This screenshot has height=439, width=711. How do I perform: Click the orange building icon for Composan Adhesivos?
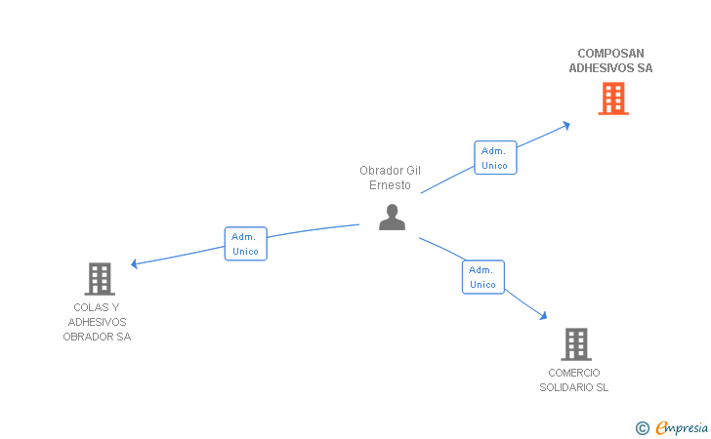click(612, 99)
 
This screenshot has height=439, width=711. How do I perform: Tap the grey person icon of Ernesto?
click(392, 218)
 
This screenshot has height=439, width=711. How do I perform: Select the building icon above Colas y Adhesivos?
click(99, 279)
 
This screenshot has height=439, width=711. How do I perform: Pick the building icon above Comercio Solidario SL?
click(575, 344)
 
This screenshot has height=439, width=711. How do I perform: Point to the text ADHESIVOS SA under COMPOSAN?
click(610, 68)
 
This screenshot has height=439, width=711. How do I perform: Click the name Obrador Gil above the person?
click(390, 171)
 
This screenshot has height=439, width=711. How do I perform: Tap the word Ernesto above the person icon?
click(390, 185)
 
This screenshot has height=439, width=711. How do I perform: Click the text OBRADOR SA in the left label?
click(97, 337)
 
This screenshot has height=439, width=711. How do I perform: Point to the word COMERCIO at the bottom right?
click(574, 373)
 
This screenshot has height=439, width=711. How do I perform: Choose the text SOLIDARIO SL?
click(574, 387)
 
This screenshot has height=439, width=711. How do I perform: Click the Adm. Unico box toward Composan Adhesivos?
click(495, 158)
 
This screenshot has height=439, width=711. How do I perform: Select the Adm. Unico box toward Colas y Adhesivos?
click(245, 244)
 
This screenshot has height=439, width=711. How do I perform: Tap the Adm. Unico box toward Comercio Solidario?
click(482, 277)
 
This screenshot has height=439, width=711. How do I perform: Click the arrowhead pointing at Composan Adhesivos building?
click(566, 124)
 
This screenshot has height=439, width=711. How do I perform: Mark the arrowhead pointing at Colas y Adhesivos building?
click(135, 263)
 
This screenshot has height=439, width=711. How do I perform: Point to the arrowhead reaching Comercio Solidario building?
click(543, 316)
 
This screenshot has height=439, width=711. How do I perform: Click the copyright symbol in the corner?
click(642, 427)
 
